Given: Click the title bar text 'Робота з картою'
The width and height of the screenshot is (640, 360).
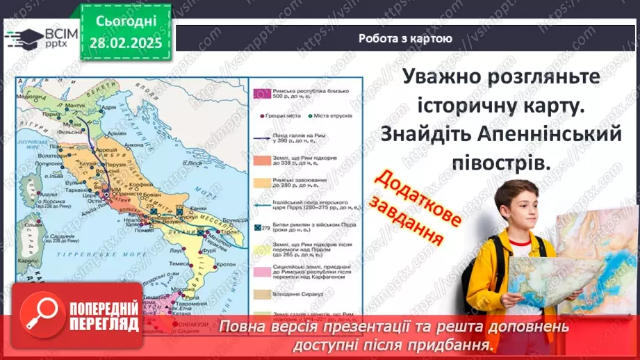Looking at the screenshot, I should point(406,39).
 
